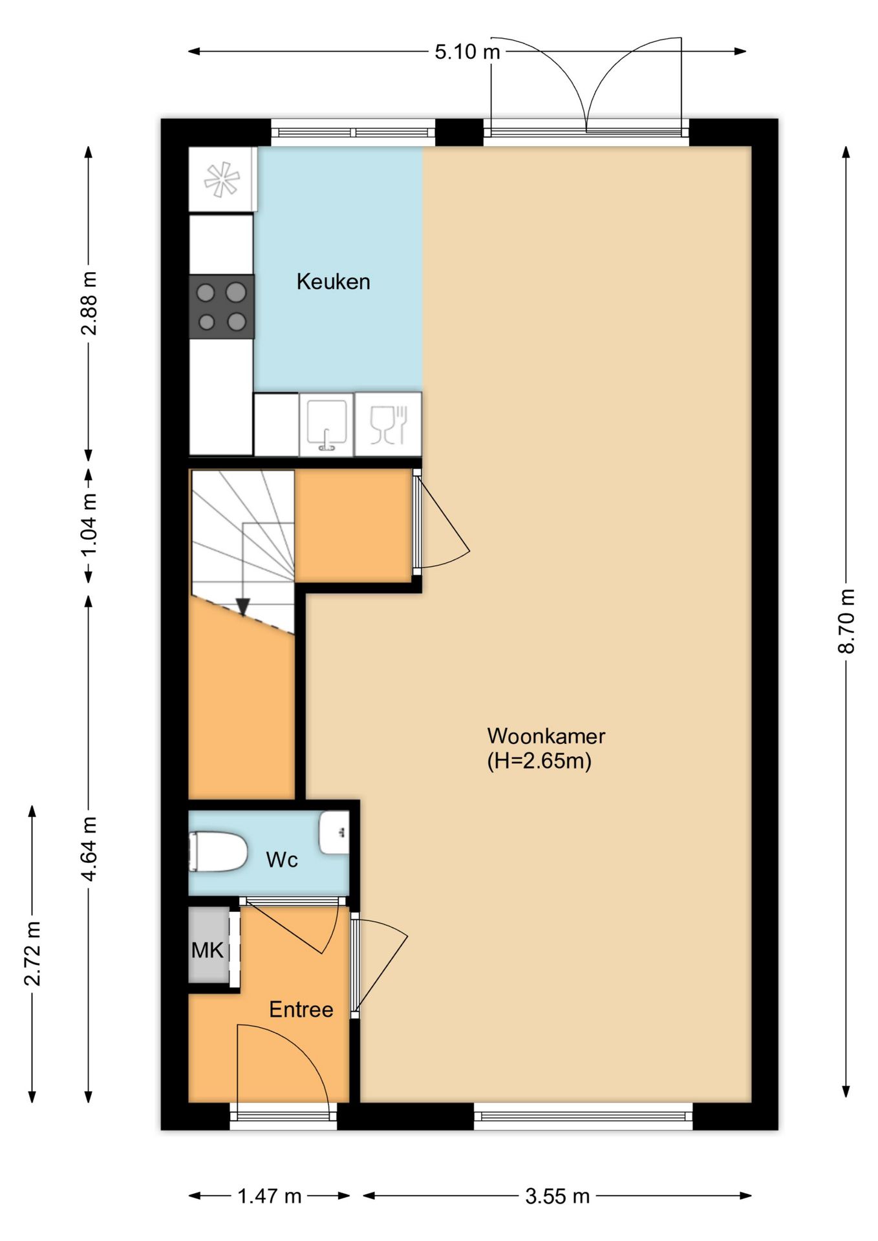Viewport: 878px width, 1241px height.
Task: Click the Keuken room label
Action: click(x=333, y=282)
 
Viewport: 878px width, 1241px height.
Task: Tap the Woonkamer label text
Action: click(x=546, y=736)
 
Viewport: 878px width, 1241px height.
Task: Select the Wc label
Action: click(x=282, y=860)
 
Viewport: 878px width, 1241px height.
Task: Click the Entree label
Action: click(x=301, y=1010)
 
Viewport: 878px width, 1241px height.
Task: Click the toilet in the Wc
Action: click(x=218, y=852)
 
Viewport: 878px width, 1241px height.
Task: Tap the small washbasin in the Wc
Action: click(x=334, y=833)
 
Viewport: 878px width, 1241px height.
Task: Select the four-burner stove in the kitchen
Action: click(x=221, y=306)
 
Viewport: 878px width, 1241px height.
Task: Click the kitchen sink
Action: click(x=327, y=424)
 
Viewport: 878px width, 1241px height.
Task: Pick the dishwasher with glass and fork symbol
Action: click(x=388, y=424)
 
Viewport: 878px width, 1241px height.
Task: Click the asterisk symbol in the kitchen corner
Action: click(x=222, y=179)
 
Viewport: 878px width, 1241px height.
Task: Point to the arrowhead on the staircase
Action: click(x=242, y=607)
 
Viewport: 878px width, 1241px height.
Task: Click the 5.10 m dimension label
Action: click(x=467, y=52)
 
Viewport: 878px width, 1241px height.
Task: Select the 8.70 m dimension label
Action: click(x=846, y=621)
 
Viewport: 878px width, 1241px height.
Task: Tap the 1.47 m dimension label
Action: click(x=270, y=1196)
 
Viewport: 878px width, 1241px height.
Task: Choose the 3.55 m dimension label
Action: click(x=557, y=1196)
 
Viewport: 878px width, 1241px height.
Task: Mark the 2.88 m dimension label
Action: click(x=89, y=303)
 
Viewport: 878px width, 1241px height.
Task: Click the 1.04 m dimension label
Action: click(x=89, y=524)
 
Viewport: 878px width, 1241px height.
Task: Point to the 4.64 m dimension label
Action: click(x=89, y=849)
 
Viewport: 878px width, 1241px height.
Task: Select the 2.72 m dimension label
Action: click(x=32, y=954)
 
